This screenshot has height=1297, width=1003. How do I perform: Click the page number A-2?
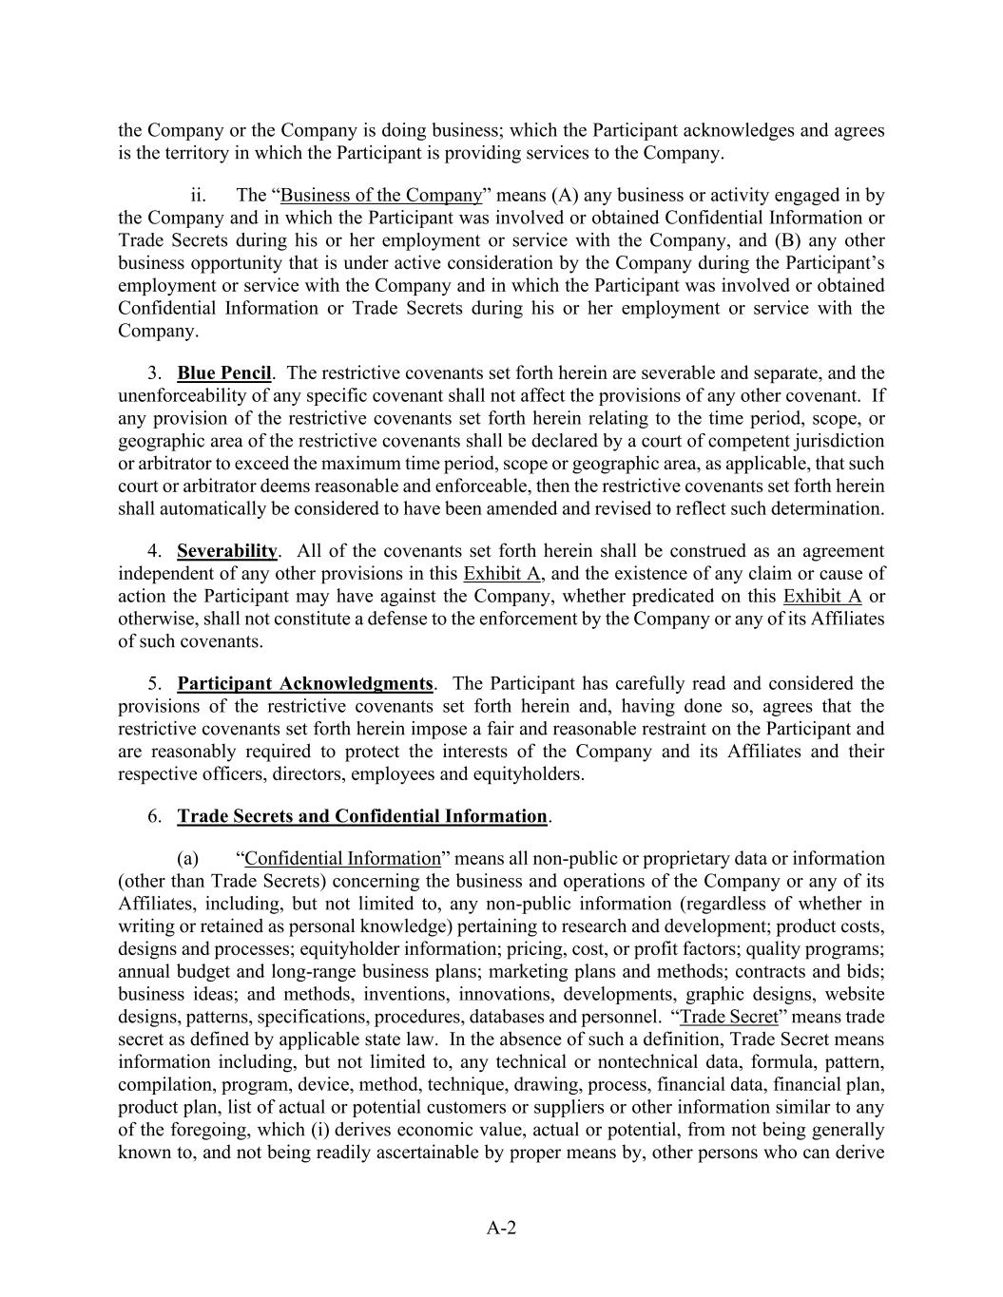pos(501,1228)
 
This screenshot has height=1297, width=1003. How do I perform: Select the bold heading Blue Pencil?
pos(223,372)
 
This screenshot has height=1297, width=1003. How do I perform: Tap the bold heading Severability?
pos(227,551)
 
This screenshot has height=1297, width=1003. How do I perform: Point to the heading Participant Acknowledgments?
pos(304,683)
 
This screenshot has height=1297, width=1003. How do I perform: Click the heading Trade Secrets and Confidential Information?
pos(362,816)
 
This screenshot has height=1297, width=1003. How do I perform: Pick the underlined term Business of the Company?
pos(381,195)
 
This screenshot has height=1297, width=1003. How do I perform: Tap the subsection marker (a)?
pos(187,859)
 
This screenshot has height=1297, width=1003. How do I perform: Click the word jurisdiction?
pos(839,441)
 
